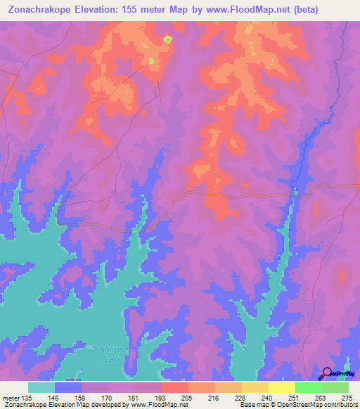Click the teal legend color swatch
tap(41, 387)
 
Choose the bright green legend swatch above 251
tap(309, 387)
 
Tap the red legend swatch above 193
tap(175, 387)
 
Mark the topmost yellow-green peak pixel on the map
tap(167, 39)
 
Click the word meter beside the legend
tap(11, 398)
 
